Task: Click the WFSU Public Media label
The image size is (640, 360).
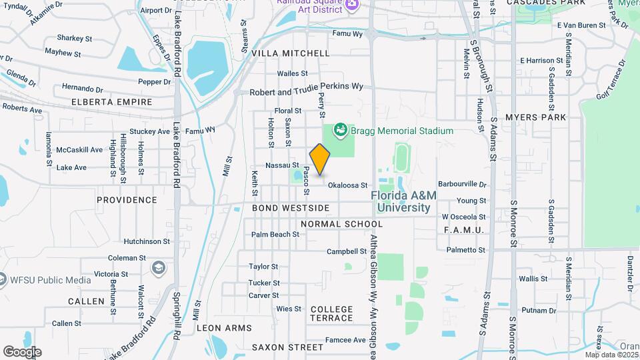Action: (50, 280)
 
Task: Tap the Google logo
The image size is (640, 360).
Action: (21, 352)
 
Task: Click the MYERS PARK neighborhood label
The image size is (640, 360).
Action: (535, 117)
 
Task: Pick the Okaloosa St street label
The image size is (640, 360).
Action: (347, 185)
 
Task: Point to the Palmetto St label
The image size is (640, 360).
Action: (466, 250)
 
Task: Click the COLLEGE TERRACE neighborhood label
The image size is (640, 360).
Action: (331, 313)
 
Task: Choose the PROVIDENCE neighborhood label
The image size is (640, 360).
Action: (127, 199)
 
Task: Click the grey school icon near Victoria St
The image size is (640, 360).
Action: (159, 267)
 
